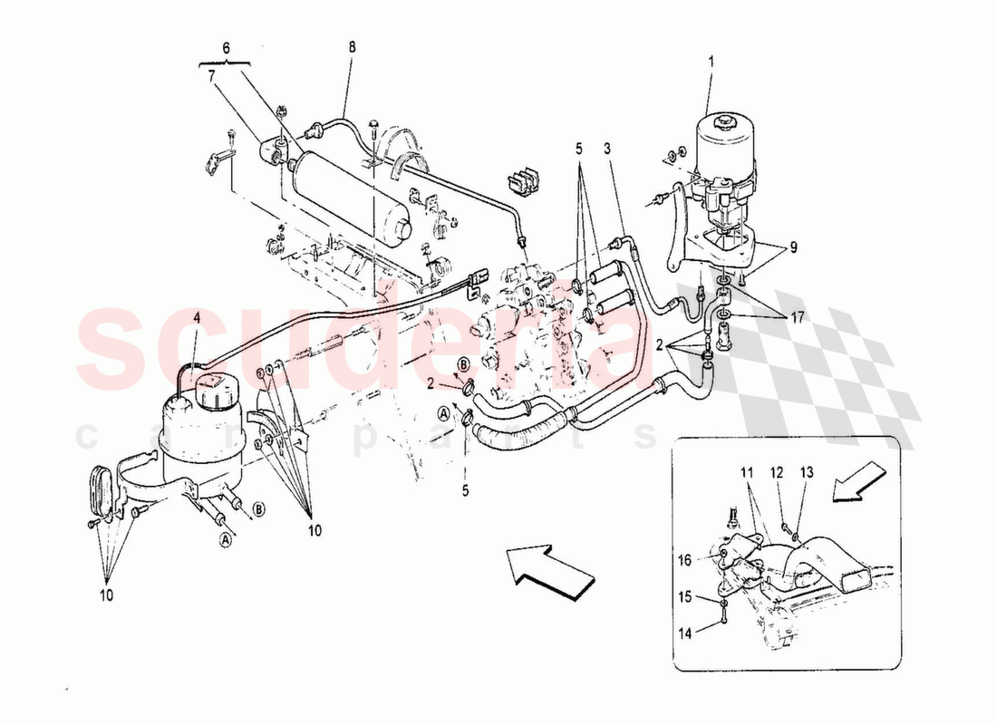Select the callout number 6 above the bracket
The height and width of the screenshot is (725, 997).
coord(227,47)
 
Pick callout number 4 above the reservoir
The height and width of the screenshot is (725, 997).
coord(197,317)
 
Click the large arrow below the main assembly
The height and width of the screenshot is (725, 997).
coord(547,570)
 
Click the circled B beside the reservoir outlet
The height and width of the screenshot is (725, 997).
coord(258,509)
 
